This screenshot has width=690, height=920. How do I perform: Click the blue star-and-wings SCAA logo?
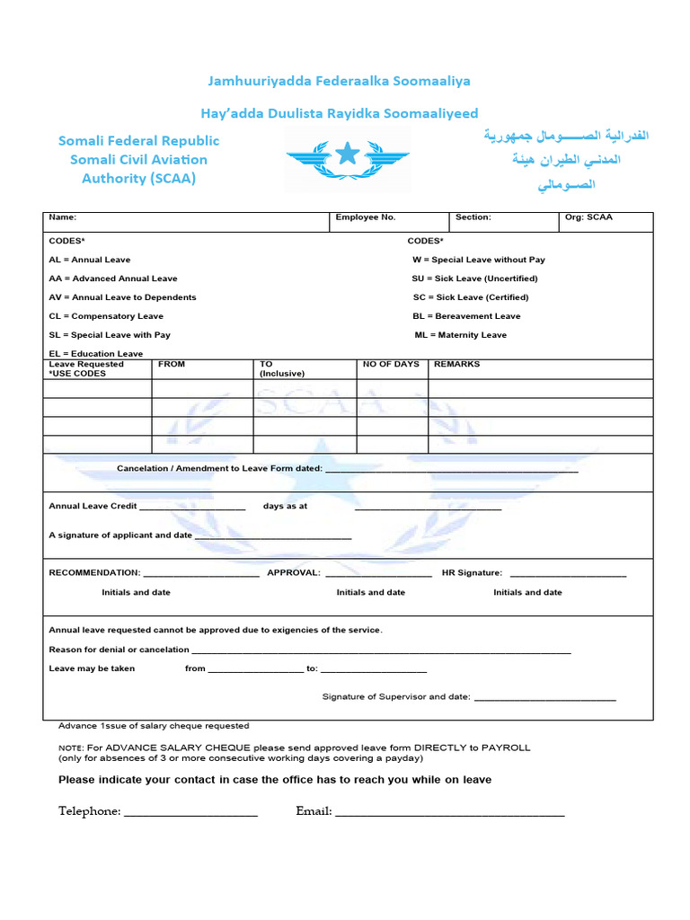(348, 159)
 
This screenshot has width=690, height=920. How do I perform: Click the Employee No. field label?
(366, 217)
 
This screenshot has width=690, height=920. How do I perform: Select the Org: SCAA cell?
(588, 217)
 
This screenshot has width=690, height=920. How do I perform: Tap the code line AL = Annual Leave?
(90, 260)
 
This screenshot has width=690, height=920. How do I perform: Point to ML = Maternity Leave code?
(460, 335)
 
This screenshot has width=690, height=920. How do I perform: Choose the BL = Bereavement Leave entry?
(466, 316)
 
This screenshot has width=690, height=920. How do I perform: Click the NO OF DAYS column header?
(391, 365)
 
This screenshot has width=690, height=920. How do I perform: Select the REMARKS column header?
(456, 365)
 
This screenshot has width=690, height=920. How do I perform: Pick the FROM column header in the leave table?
(172, 365)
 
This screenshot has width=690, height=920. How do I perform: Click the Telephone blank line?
(190, 813)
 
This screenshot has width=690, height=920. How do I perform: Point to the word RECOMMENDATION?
(94, 573)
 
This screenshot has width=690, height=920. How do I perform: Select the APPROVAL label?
(293, 573)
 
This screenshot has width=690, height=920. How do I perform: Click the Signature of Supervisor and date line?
(544, 699)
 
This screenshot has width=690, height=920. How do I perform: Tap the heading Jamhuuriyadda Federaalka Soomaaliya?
(340, 81)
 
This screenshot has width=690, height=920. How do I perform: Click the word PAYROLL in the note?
(506, 747)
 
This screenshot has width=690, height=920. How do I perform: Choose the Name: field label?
(63, 217)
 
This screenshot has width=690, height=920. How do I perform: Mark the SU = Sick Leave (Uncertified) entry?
(474, 279)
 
